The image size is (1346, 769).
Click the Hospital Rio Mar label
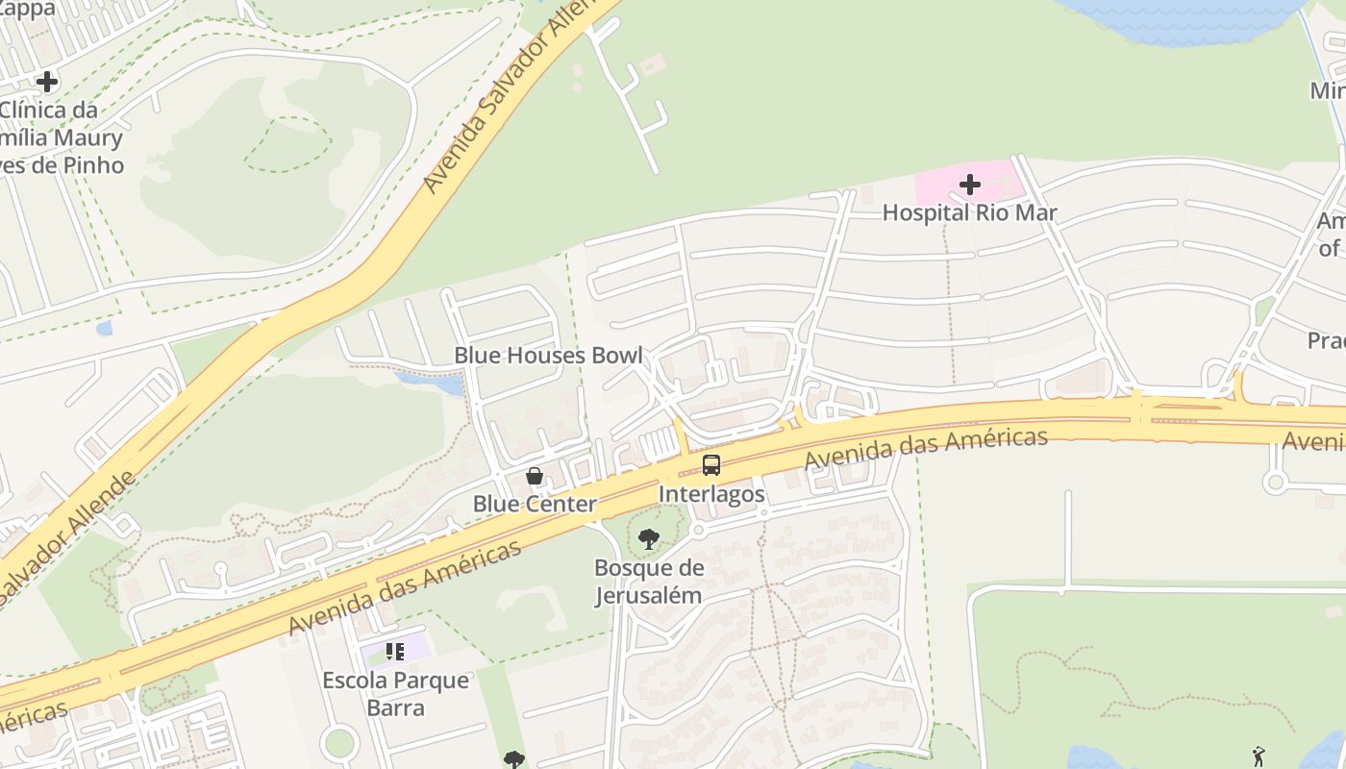pyautogui.click(x=969, y=212)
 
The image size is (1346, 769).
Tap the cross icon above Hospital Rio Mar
pyautogui.click(x=969, y=184)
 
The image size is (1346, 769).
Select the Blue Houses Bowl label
pyautogui.click(x=548, y=355)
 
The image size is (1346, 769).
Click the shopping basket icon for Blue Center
pyautogui.click(x=535, y=476)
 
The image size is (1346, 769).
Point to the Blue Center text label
pyautogui.click(x=535, y=504)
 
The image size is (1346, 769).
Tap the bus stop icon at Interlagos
pyautogui.click(x=711, y=465)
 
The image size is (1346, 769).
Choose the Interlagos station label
pyautogui.click(x=711, y=494)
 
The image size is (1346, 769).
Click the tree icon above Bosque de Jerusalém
pyautogui.click(x=649, y=539)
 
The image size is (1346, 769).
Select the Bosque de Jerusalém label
pyautogui.click(x=649, y=582)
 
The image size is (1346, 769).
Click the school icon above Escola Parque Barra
pyautogui.click(x=395, y=652)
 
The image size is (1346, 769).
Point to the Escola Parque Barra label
pyautogui.click(x=396, y=694)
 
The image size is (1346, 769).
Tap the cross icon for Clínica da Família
pyautogui.click(x=46, y=82)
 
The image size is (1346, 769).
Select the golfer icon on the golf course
pyautogui.click(x=1259, y=757)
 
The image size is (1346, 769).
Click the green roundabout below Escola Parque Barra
pyautogui.click(x=339, y=742)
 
